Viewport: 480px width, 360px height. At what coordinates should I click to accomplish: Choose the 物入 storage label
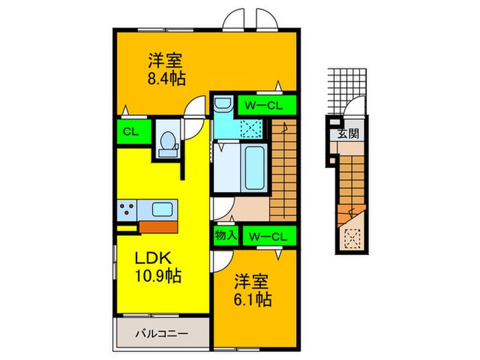coord(226,235)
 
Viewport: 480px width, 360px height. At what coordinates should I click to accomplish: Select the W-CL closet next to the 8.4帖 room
coord(266,105)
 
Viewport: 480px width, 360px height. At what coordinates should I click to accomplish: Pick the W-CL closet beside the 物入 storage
coord(267,236)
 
